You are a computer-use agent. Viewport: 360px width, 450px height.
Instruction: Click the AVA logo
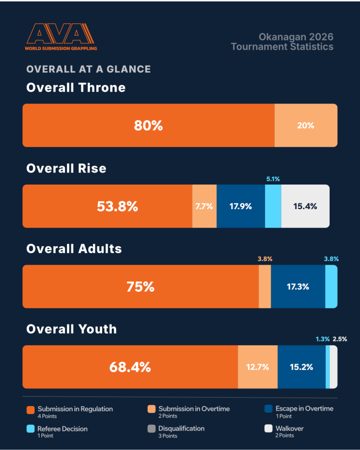[61, 37]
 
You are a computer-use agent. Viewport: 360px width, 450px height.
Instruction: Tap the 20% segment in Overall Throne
[306, 125]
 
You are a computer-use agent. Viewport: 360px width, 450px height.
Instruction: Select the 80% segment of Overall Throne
[149, 125]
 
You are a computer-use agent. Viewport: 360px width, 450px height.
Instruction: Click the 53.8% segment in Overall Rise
[107, 206]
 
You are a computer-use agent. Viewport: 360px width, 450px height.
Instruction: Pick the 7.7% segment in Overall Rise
[204, 206]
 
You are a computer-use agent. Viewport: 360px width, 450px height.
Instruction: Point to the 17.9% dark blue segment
[241, 206]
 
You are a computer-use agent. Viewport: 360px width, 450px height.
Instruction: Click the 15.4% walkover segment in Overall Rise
[305, 206]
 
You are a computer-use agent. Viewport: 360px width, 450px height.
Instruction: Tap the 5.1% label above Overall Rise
[273, 179]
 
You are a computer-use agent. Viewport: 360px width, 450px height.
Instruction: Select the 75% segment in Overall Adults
[141, 287]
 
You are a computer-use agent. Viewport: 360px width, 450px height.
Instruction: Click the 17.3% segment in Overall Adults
[298, 287]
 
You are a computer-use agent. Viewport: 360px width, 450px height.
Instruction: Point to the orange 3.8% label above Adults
[265, 259]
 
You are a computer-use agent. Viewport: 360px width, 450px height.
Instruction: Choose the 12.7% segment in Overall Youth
[258, 367]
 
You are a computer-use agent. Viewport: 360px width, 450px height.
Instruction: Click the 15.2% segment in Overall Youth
[302, 367]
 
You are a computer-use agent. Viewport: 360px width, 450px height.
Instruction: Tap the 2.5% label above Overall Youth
[340, 339]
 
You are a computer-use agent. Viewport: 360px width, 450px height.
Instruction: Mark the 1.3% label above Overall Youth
[323, 339]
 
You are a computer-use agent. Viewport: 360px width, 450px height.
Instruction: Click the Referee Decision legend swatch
[30, 429]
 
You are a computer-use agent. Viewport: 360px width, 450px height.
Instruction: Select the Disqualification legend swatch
[152, 429]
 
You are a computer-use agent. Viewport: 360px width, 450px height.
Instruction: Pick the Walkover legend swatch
[269, 428]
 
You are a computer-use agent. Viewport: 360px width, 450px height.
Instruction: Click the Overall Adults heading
[74, 249]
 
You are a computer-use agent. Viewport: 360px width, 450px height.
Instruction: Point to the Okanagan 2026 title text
[296, 37]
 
